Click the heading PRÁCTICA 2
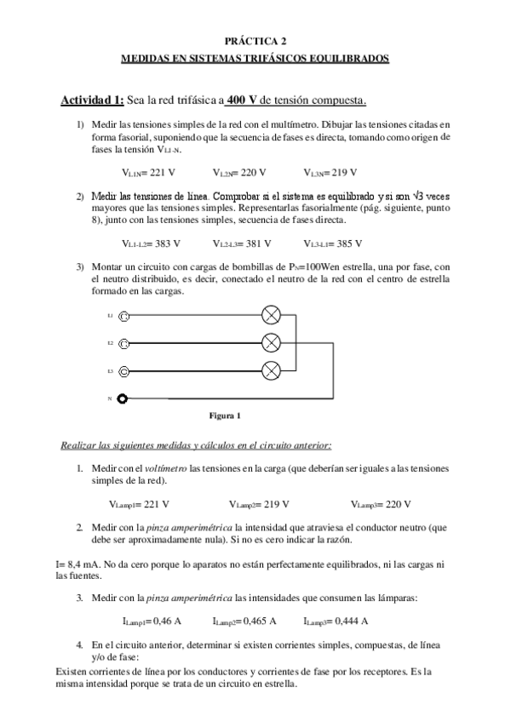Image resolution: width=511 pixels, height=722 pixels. pyautogui.click(x=255, y=40)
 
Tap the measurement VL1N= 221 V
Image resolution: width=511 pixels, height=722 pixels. pyautogui.click(x=149, y=172)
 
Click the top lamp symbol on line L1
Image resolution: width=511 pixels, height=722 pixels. pyautogui.click(x=271, y=316)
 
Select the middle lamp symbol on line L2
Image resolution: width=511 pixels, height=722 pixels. pyautogui.click(x=271, y=343)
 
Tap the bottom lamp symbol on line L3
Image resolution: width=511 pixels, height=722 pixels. pyautogui.click(x=271, y=370)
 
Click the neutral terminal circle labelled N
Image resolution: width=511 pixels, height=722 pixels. pyautogui.click(x=124, y=398)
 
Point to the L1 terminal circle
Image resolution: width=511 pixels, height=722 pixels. pyautogui.click(x=124, y=316)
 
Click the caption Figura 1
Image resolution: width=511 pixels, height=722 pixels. pyautogui.click(x=225, y=415)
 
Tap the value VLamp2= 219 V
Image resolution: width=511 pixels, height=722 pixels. pyautogui.click(x=259, y=503)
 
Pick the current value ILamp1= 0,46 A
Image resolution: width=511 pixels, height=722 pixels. pyautogui.click(x=152, y=621)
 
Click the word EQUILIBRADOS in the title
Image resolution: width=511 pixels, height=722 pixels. pyautogui.click(x=347, y=58)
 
